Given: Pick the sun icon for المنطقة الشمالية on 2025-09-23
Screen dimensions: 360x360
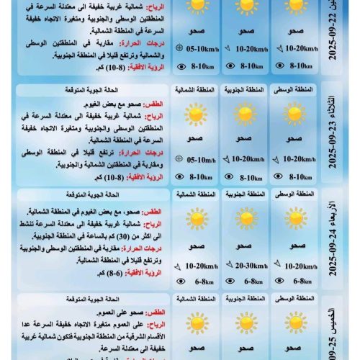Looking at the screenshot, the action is tap(194, 115).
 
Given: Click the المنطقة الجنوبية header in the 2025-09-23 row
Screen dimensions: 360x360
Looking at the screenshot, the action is tap(243, 90).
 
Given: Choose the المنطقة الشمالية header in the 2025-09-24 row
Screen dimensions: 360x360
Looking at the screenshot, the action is tap(194, 195).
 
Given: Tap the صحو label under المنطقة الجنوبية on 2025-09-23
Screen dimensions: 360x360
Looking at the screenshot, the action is tap(243, 140).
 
